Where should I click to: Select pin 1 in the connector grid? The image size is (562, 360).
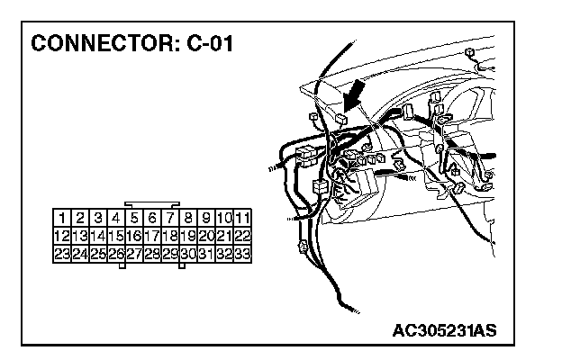tap(62, 218)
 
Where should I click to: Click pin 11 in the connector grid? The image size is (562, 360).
tap(242, 218)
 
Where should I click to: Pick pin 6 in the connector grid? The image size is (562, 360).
tap(152, 218)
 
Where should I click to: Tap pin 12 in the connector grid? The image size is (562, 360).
tap(62, 236)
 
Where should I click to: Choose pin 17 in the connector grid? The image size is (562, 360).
tap(152, 236)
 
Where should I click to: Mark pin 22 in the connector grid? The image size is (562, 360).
tap(242, 236)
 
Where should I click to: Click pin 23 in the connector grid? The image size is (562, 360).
tap(62, 254)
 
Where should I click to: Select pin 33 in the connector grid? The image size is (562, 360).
tap(242, 254)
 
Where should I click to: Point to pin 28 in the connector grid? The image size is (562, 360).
tap(152, 254)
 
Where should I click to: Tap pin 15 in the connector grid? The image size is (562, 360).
tap(116, 236)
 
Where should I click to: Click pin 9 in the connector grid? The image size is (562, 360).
tap(206, 218)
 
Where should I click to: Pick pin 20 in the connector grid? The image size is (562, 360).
tap(206, 236)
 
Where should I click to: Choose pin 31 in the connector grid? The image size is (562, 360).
tap(206, 254)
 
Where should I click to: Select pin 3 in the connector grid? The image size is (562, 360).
tap(98, 218)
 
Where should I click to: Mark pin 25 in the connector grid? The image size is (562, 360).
tap(98, 254)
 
